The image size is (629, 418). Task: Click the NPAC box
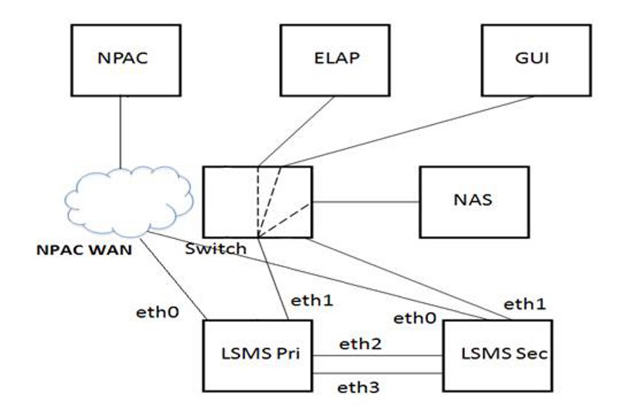pos(126,60)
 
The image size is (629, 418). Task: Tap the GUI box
pos(536,60)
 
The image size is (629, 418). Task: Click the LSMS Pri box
pos(258,356)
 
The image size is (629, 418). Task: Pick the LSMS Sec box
pos(498,356)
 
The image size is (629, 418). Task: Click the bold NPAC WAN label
pos(83,250)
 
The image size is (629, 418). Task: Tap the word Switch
pos(216,249)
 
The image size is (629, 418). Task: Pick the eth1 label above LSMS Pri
pos(311,300)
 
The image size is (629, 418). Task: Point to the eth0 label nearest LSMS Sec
pos(415,318)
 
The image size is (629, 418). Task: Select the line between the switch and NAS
pos(366,202)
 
